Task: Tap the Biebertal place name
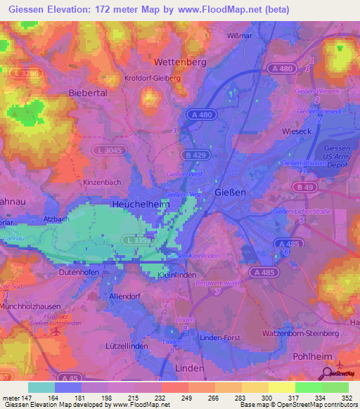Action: (x=87, y=92)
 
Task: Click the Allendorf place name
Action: (x=127, y=296)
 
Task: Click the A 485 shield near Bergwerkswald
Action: (x=264, y=272)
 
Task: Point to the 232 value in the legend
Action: (x=161, y=398)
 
